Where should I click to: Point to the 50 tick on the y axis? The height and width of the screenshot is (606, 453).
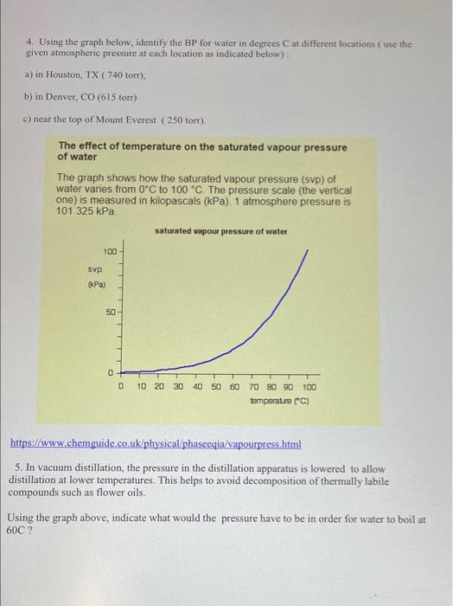(x=111, y=313)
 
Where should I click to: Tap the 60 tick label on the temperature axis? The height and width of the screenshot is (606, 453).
(x=234, y=386)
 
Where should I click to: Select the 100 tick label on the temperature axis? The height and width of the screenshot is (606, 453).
(x=309, y=386)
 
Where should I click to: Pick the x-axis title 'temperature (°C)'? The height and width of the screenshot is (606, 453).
(x=279, y=401)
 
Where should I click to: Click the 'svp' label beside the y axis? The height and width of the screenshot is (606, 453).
(x=95, y=269)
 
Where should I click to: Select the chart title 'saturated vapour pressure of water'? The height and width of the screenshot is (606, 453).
(x=220, y=231)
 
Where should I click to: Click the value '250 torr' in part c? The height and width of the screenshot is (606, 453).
(x=195, y=120)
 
